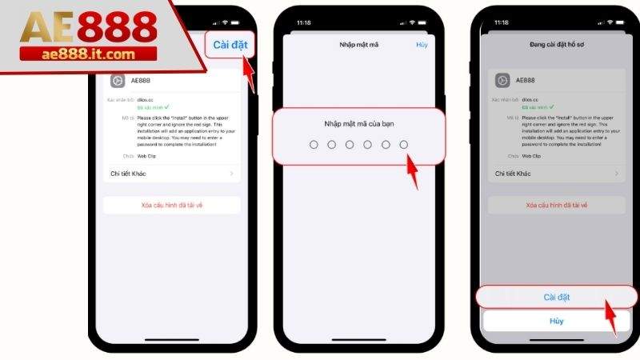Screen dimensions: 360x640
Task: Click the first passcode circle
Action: [314, 144]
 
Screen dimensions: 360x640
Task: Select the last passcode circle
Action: [404, 144]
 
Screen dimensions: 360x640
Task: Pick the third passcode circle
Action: [350, 144]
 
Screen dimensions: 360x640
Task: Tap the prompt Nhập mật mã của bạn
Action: [359, 123]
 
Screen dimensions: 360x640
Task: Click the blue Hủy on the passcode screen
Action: [422, 46]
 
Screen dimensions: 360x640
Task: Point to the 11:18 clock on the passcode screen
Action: [303, 23]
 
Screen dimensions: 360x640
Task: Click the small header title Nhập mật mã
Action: [359, 46]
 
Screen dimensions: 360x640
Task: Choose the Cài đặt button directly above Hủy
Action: [557, 297]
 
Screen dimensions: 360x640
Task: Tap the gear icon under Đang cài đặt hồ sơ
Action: [502, 80]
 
